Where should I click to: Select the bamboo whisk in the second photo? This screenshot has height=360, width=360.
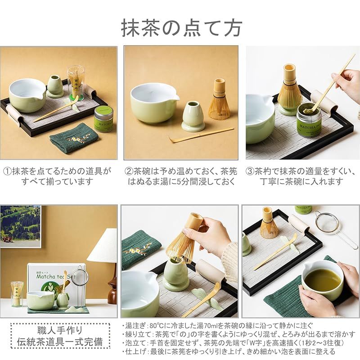tap(219, 101)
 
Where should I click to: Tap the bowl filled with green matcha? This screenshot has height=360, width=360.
tap(322, 279)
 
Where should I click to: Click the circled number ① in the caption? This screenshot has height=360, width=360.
tap(7, 171)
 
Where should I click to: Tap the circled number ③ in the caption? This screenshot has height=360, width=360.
tap(250, 171)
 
